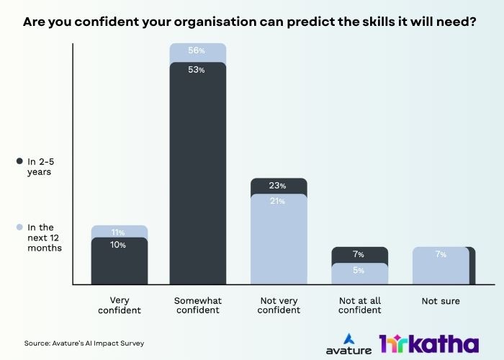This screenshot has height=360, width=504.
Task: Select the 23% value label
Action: coord(279,186)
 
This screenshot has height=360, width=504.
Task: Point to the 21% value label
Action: coord(279,202)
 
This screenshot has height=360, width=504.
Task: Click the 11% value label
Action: coord(119,233)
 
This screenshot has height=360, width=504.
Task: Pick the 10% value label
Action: coord(119,246)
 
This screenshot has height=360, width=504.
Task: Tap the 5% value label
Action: coord(359,271)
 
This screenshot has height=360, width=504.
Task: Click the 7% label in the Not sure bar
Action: coord(441,255)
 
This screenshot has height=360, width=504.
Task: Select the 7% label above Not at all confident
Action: coord(359,255)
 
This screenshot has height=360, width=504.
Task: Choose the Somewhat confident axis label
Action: coord(198,306)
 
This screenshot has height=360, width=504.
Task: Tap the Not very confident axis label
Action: coord(279,306)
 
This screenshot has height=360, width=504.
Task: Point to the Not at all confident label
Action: coord(359,306)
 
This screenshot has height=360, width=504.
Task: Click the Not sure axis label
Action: coord(441,301)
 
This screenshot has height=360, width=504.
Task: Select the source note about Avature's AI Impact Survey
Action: coord(84,343)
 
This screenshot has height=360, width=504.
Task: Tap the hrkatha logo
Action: coord(428,343)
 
